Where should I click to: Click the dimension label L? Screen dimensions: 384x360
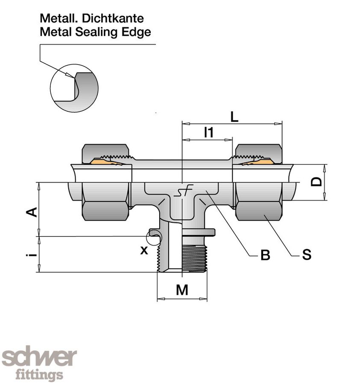pyautogui.click(x=234, y=117)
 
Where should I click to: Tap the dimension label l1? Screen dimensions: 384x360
pyautogui.click(x=209, y=133)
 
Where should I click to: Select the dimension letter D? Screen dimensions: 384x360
pyautogui.click(x=316, y=182)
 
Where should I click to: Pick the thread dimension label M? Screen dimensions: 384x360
pyautogui.click(x=182, y=290)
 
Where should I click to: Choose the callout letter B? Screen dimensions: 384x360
pyautogui.click(x=265, y=255)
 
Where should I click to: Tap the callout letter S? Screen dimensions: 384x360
pyautogui.click(x=306, y=255)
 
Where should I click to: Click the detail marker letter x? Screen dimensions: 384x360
pyautogui.click(x=144, y=250)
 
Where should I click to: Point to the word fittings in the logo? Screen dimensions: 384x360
pyautogui.click(x=39, y=375)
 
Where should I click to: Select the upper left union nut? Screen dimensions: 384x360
pyautogui.click(x=105, y=152)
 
